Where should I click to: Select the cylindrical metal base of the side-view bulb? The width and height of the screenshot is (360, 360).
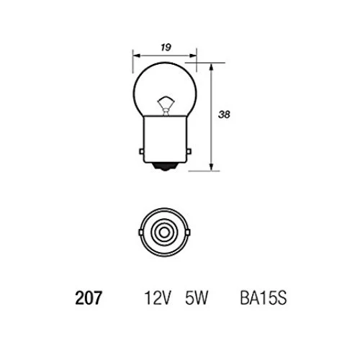coord(166,140)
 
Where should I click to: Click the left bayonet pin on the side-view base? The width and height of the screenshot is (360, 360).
coord(140,150)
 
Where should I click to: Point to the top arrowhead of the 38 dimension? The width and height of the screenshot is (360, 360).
coord(212,65)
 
